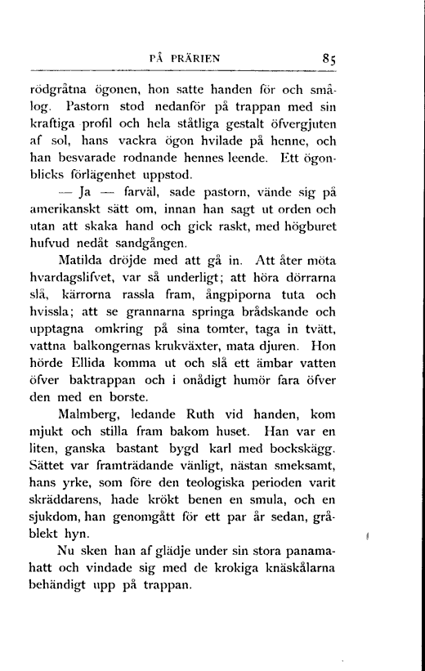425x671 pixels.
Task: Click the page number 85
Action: [x=331, y=58]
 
